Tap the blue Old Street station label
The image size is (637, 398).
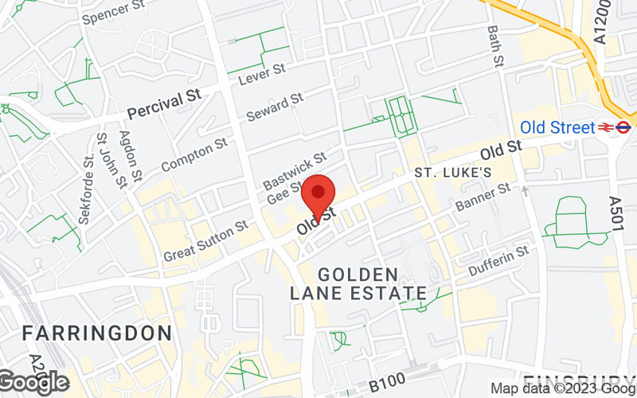(557, 127)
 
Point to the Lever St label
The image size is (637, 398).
(262, 74)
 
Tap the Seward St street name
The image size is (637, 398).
(275, 107)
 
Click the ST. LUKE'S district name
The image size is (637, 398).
(453, 172)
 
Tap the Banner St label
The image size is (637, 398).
(482, 198)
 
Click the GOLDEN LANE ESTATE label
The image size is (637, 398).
(356, 284)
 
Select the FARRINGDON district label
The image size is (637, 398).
(96, 332)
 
